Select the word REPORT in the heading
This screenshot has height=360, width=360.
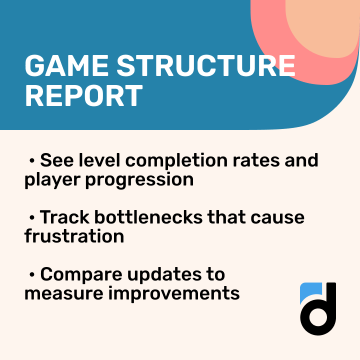83,96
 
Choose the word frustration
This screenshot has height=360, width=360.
74,235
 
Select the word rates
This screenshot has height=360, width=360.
263,161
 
